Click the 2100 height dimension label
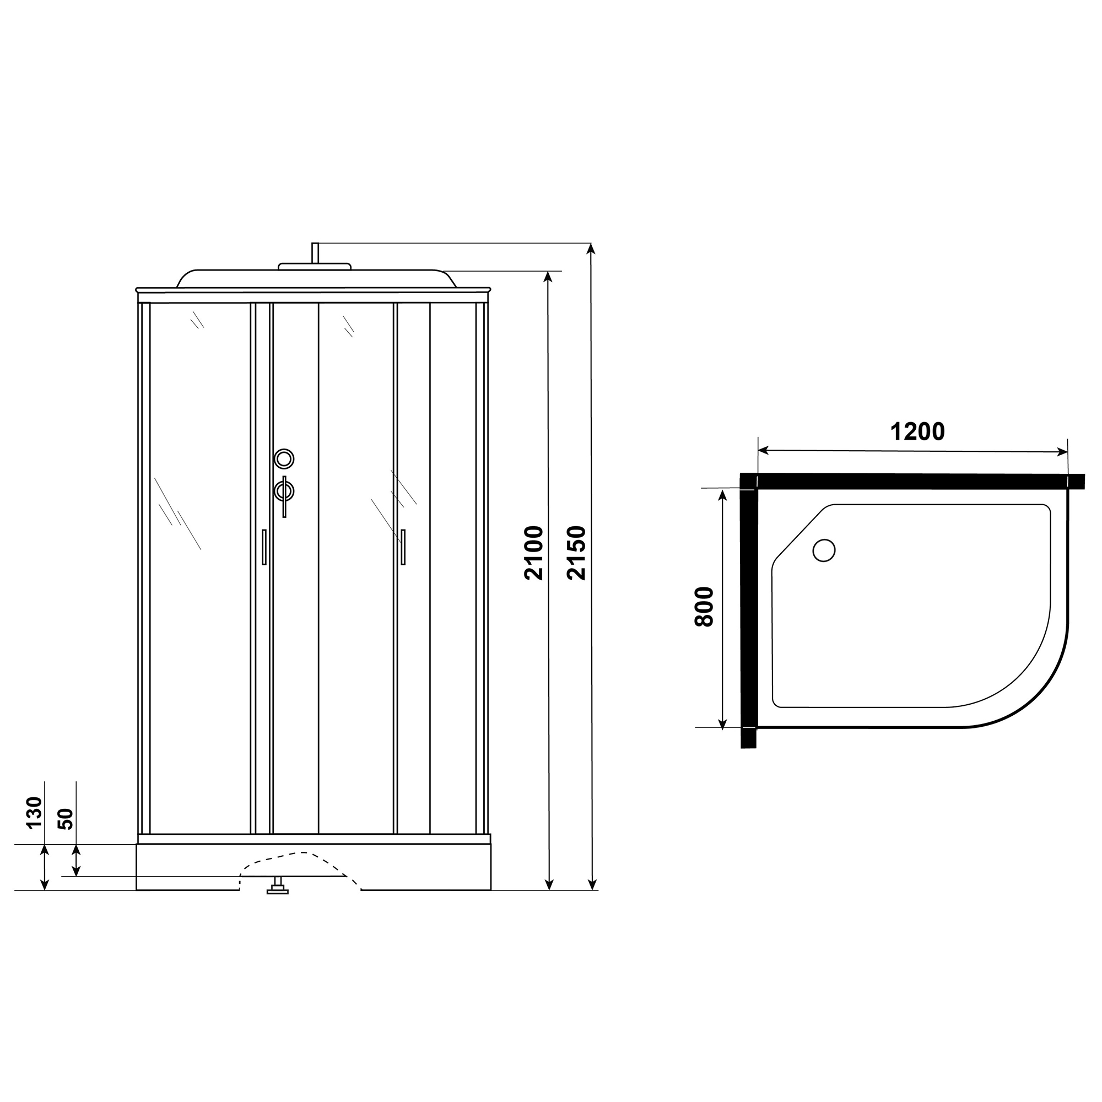click(x=534, y=553)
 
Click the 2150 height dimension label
click(x=577, y=553)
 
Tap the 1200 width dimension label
click(x=917, y=432)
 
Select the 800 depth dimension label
click(x=704, y=607)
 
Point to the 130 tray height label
click(x=34, y=812)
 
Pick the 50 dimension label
click(x=66, y=819)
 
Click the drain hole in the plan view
click(x=824, y=550)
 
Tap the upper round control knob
click(x=284, y=458)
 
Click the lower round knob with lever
click(x=284, y=491)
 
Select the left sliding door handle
click(x=264, y=547)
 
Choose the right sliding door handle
click(x=403, y=547)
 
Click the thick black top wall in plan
click(x=912, y=481)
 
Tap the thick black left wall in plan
click(x=749, y=611)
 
